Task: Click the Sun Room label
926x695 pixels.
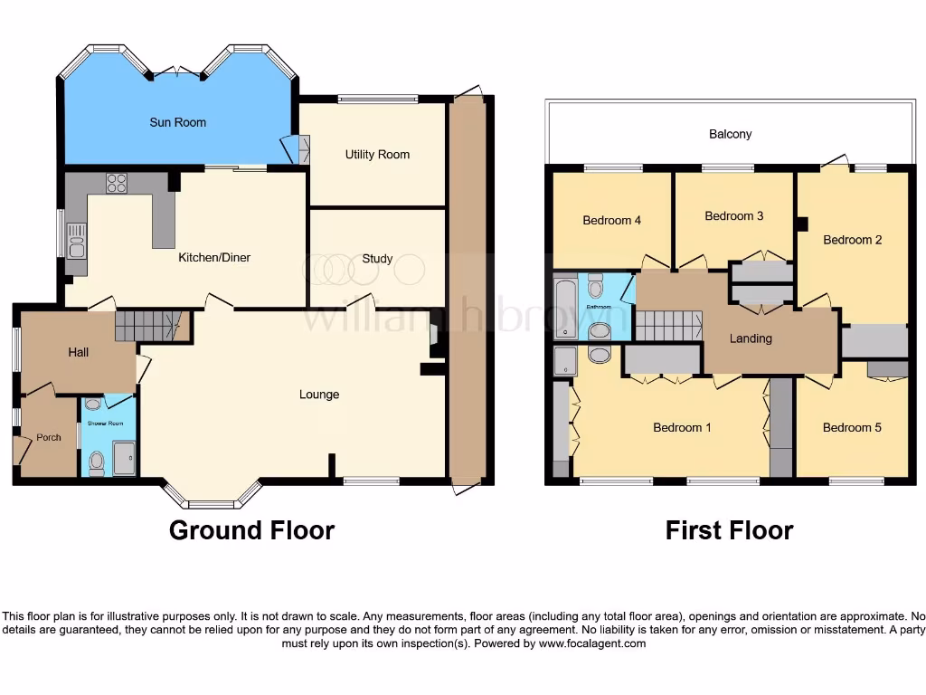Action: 178,122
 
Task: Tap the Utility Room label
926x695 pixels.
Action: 377,155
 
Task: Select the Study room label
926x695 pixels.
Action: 377,259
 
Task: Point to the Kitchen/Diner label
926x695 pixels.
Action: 214,258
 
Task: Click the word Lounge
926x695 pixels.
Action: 319,395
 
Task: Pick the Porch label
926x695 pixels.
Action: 49,438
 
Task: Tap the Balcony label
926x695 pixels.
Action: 730,134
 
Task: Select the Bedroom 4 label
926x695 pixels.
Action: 612,220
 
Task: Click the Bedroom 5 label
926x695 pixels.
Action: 852,427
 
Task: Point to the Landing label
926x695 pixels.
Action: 751,338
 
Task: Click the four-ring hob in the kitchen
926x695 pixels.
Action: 117,183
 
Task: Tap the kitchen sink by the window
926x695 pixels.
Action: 76,240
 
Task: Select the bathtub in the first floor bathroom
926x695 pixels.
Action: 565,308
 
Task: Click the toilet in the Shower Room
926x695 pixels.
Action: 97,462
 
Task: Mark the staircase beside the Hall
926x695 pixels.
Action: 147,326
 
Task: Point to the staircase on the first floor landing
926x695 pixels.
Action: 669,326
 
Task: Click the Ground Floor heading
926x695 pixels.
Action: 251,530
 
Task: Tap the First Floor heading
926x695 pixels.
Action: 729,530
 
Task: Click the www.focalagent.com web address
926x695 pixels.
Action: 592,644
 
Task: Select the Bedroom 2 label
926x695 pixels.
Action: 852,240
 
